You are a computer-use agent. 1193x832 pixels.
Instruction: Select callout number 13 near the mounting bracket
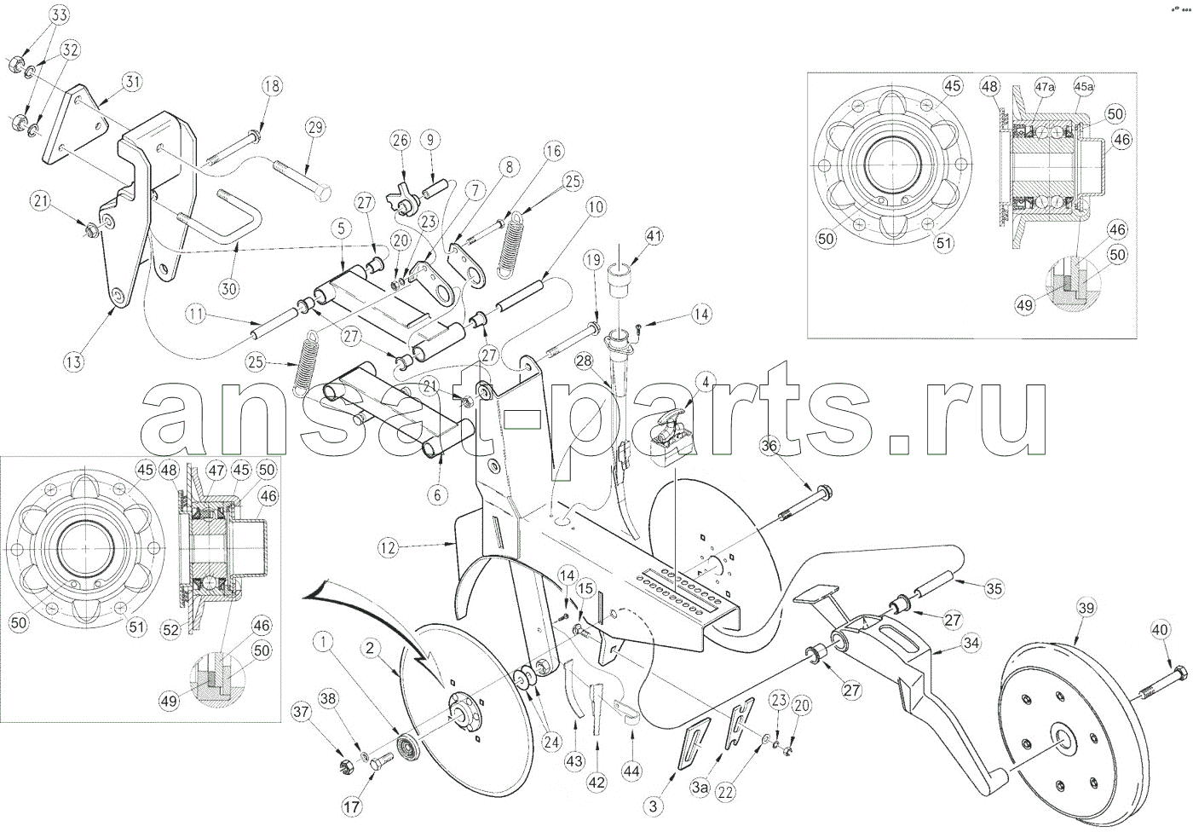coord(74,361)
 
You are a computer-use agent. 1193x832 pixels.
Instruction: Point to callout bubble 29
coord(315,128)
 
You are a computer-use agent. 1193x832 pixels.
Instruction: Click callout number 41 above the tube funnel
coord(654,234)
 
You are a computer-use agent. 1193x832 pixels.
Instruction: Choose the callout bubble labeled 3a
coord(700,789)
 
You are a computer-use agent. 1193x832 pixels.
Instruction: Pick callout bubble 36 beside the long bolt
coord(769,446)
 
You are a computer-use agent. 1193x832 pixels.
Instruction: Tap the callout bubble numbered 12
coord(389,549)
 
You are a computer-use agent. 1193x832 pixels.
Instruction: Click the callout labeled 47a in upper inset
coord(1045,87)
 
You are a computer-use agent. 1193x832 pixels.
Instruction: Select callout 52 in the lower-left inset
coord(172,630)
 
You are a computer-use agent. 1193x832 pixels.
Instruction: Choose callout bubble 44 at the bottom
coord(631,771)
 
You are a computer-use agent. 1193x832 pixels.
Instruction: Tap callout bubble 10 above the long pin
coord(595,205)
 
